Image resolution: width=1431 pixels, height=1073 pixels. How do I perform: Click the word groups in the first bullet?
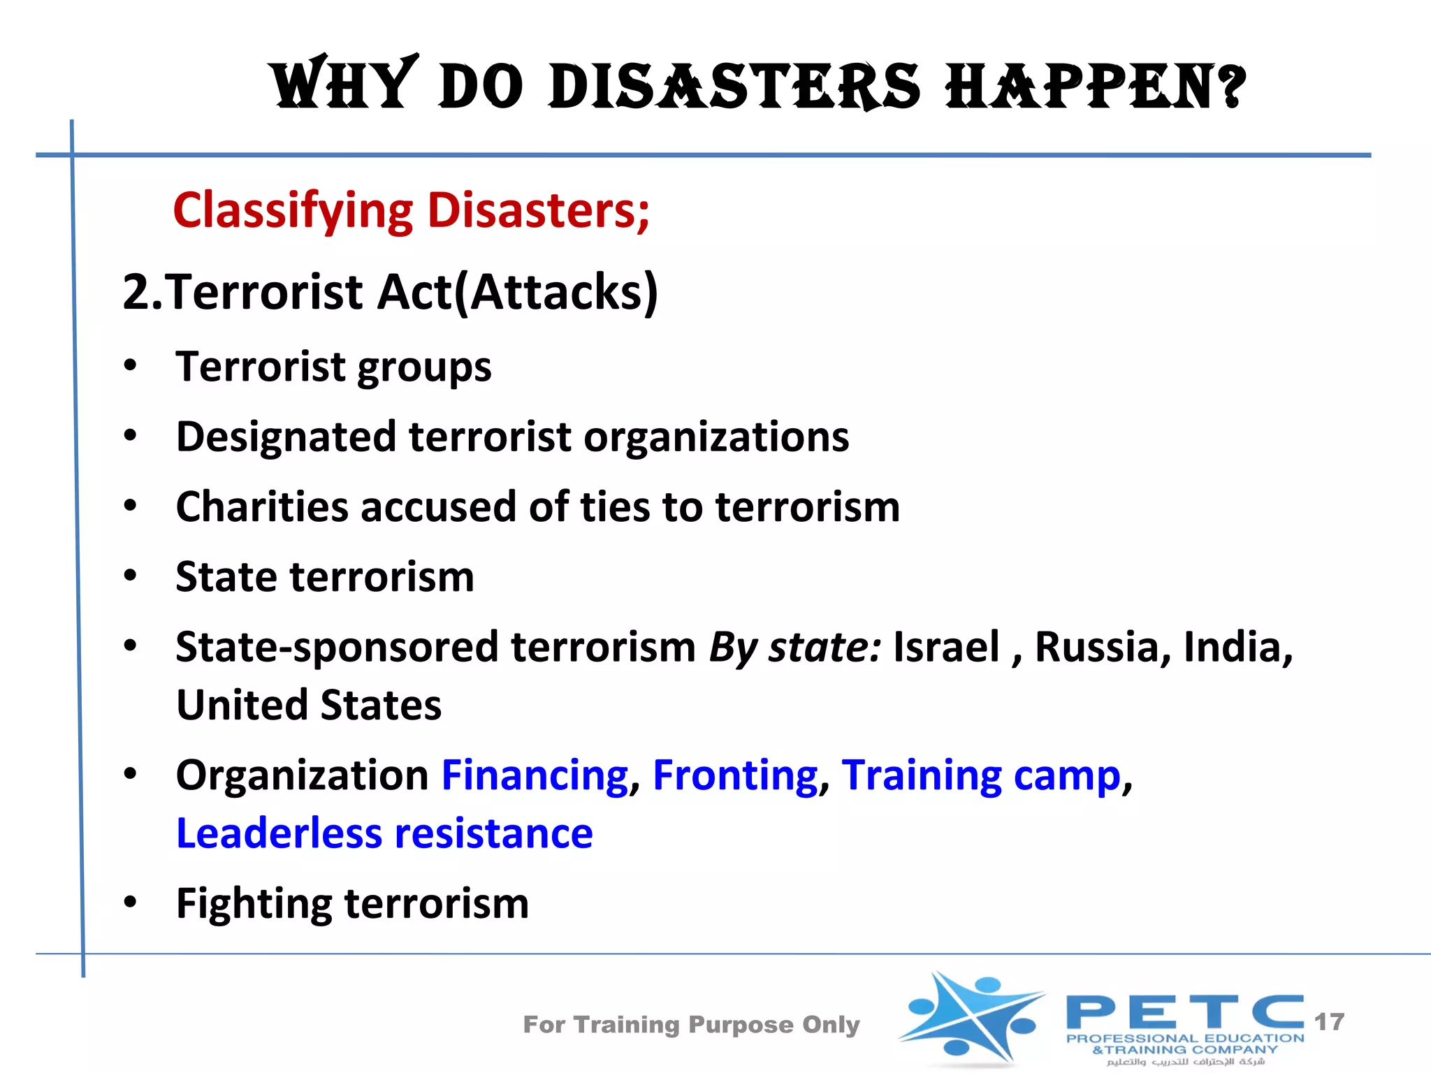[x=423, y=367]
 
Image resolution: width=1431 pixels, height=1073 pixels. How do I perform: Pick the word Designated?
[x=286, y=437]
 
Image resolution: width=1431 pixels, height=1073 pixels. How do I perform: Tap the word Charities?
[x=262, y=506]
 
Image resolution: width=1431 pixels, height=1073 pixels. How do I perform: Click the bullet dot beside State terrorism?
[x=131, y=576]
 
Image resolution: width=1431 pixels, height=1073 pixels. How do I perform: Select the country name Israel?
[x=947, y=647]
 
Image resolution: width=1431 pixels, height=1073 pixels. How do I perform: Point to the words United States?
[x=309, y=705]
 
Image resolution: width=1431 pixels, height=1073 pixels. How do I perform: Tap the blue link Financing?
[x=535, y=775]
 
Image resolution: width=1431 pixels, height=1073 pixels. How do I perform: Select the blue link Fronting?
[x=735, y=775]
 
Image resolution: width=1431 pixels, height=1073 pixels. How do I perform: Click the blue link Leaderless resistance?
[x=384, y=833]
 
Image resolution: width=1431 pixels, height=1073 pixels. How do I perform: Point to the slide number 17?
[x=1329, y=1022]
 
